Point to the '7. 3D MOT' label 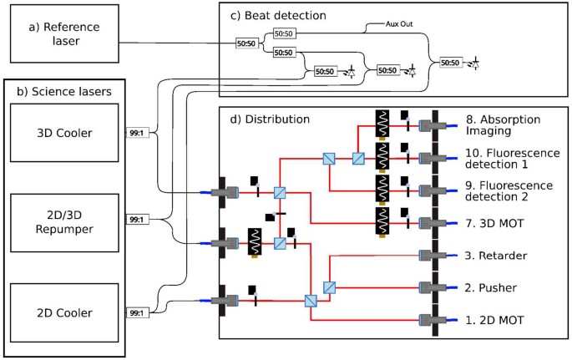tap(495, 224)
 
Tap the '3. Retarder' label tap(496, 256)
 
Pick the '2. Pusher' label tap(492, 287)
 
